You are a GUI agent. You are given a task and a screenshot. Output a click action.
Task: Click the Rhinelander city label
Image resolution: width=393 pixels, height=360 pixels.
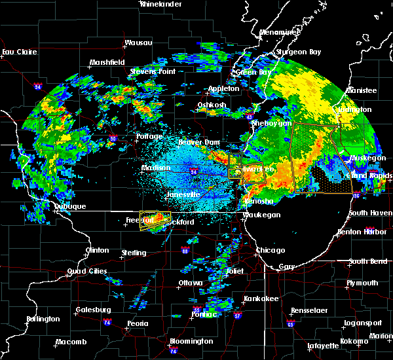click(x=159, y=4)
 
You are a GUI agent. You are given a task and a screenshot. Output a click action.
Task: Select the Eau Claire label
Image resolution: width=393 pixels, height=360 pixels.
click(x=18, y=52)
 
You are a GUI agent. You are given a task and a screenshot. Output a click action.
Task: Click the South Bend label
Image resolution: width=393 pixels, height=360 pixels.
click(x=367, y=262)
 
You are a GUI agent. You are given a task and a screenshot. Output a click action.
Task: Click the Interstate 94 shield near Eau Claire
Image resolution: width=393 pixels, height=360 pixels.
click(x=38, y=85)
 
